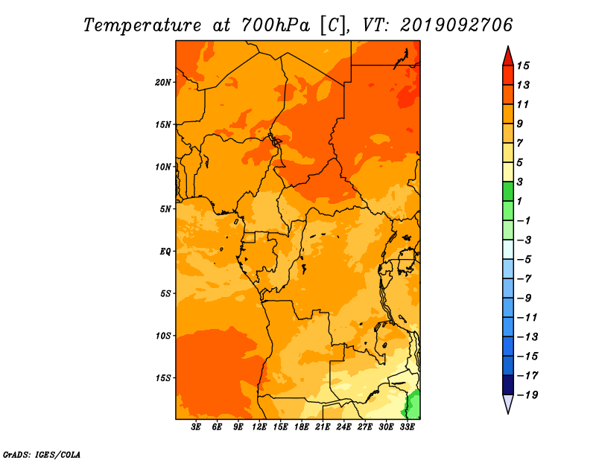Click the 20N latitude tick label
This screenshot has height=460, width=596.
162,83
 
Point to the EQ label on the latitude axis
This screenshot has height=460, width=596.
165,252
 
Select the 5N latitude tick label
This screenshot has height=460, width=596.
165,209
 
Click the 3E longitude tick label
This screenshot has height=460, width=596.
196,427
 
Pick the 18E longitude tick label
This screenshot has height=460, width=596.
301,427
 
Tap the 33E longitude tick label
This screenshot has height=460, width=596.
407,427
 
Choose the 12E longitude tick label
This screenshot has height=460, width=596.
259,427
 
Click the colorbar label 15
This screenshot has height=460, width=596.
523,66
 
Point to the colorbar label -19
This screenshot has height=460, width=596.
527,395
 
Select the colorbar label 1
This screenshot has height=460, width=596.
519,201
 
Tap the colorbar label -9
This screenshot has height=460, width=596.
524,298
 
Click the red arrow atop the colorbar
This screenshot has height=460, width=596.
508,57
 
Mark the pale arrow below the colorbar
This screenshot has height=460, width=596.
508,403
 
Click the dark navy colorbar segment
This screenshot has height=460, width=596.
508,385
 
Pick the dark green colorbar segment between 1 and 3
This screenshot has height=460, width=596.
508,191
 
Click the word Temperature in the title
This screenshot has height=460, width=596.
142,25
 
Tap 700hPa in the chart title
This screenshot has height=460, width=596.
275,25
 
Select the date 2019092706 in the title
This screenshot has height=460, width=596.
457,25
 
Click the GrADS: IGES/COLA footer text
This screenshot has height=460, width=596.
42,454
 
